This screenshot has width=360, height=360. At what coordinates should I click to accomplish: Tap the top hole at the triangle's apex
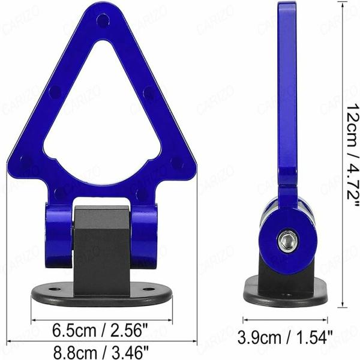(103, 21)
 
